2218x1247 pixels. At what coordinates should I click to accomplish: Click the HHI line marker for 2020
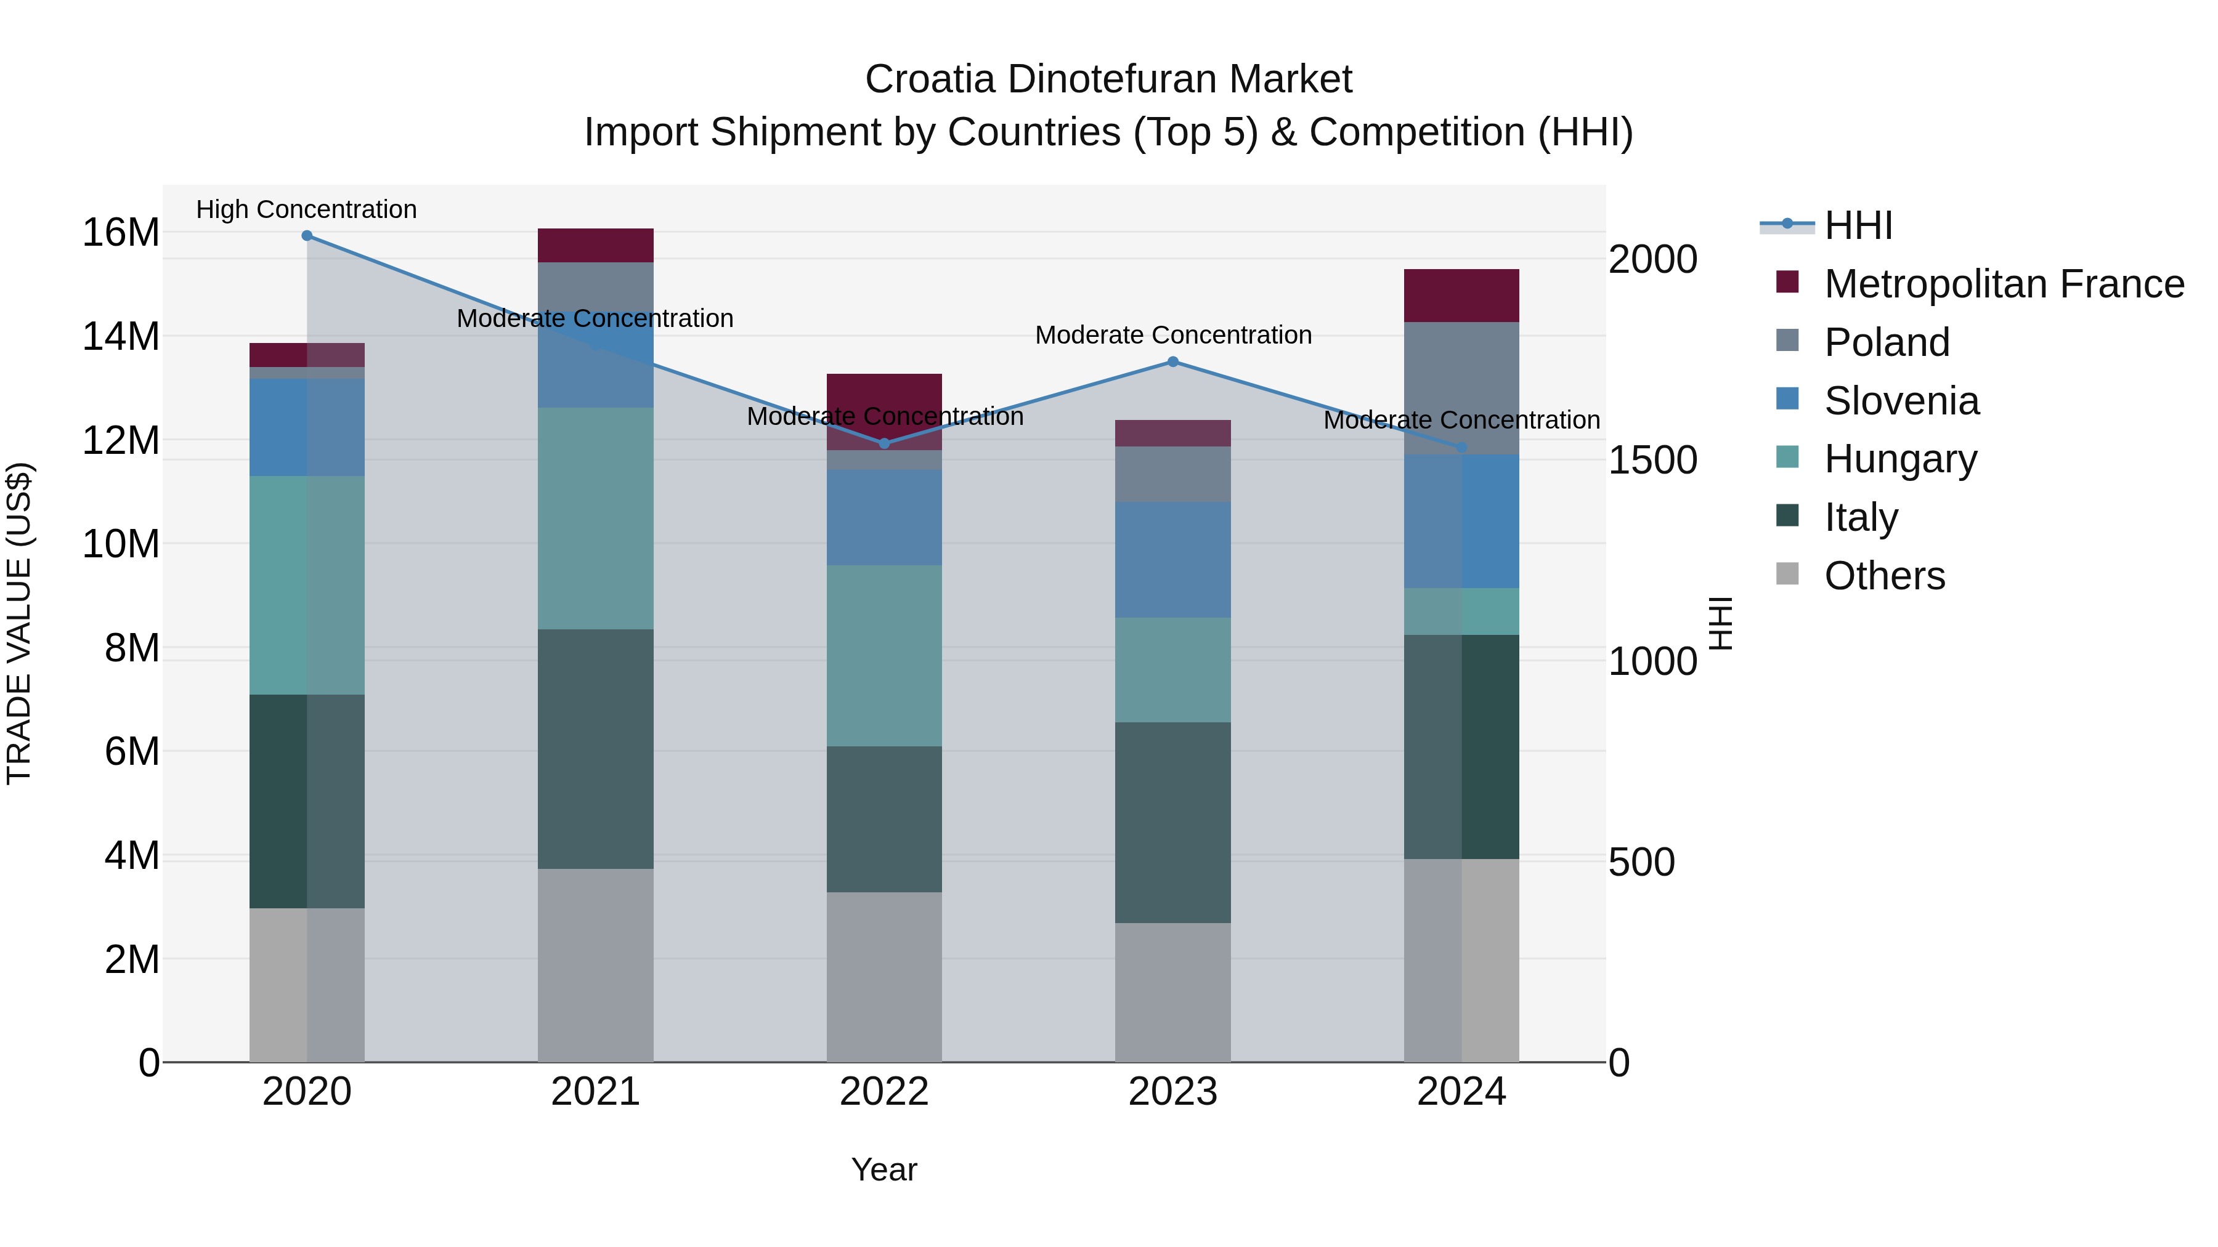(x=307, y=236)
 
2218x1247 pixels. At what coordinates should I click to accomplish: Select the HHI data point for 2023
(x=1172, y=362)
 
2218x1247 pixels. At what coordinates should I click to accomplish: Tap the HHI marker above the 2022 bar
(x=884, y=444)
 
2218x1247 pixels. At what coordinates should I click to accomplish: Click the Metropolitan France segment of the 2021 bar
(x=595, y=245)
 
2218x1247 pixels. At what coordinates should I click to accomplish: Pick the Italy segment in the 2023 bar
(x=1172, y=823)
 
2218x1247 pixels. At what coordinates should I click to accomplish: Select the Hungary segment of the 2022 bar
(x=884, y=656)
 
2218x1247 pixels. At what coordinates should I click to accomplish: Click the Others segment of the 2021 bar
(x=595, y=965)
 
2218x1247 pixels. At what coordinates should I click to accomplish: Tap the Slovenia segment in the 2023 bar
(x=1172, y=559)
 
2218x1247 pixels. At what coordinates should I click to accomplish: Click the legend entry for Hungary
(x=1900, y=459)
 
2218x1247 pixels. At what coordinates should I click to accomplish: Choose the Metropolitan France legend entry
(x=2004, y=284)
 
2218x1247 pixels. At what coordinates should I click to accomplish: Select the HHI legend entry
(x=1858, y=225)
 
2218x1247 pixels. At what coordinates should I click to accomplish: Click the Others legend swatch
(x=1787, y=574)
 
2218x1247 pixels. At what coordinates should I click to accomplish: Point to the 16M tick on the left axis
(x=121, y=232)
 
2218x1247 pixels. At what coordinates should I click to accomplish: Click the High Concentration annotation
(x=307, y=210)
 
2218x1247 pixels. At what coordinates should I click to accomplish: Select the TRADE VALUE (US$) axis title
(x=19, y=623)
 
